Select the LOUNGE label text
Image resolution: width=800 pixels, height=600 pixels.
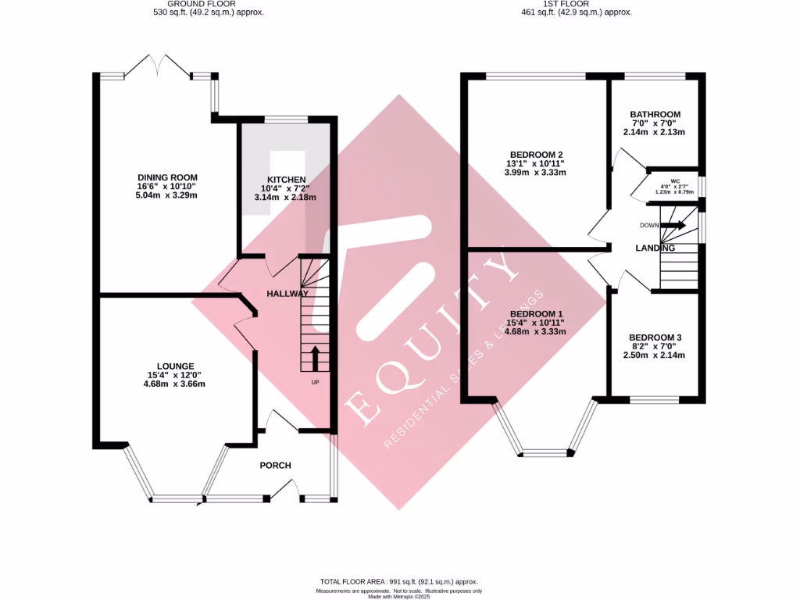175,366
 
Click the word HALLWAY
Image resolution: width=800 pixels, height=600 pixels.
287,294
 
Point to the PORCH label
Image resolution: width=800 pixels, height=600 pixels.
275,466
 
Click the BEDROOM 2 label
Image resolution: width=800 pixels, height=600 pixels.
535,154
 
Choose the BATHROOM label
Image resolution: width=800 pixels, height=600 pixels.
655,114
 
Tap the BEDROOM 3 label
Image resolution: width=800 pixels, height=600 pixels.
655,337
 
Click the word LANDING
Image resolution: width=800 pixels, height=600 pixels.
655,248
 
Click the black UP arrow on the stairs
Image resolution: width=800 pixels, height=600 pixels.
316,358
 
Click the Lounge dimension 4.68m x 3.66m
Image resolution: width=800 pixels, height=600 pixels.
174,384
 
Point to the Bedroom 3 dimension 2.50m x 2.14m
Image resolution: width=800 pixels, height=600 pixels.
655,355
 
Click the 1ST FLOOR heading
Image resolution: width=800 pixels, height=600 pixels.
577,5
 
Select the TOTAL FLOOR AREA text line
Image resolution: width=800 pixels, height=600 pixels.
399,582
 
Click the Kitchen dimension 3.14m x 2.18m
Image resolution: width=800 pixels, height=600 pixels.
284,198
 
